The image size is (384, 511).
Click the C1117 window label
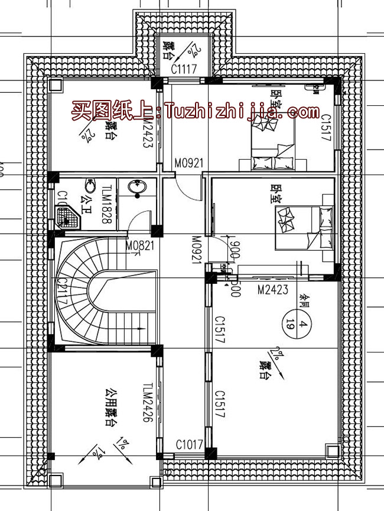pos(183,70)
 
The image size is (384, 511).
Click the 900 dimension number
pos(235,250)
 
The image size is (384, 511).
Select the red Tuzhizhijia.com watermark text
pos(195,111)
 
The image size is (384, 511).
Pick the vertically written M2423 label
pos(148,132)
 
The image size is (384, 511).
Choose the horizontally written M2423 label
pos(272,289)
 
